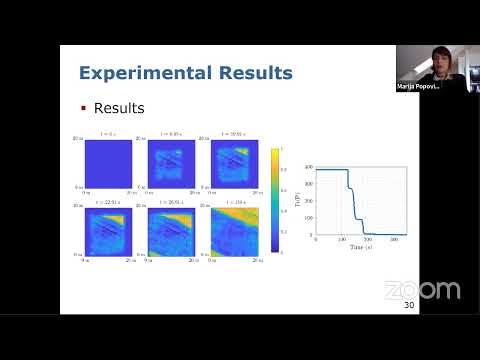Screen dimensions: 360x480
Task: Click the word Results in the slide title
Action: coord(252,73)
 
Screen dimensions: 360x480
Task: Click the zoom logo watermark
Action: coord(423,290)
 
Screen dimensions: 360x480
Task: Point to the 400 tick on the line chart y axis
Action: coord(310,166)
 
